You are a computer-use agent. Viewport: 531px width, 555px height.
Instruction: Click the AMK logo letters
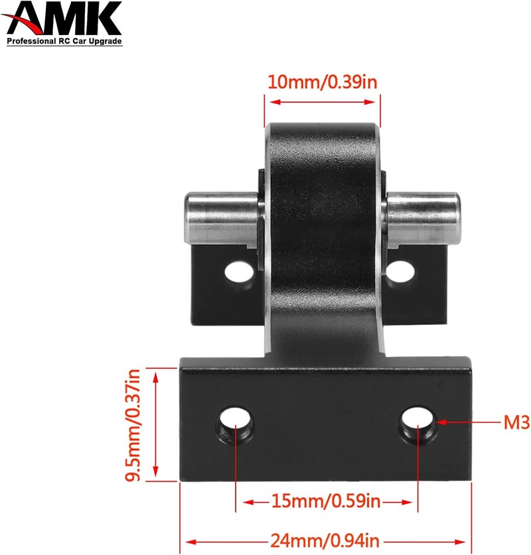click(x=64, y=20)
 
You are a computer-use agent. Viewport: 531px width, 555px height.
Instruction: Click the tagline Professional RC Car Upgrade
click(x=64, y=42)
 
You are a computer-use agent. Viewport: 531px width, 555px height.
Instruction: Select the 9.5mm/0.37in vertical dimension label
click(x=134, y=425)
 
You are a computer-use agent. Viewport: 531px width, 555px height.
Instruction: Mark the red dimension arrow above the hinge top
click(x=323, y=102)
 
